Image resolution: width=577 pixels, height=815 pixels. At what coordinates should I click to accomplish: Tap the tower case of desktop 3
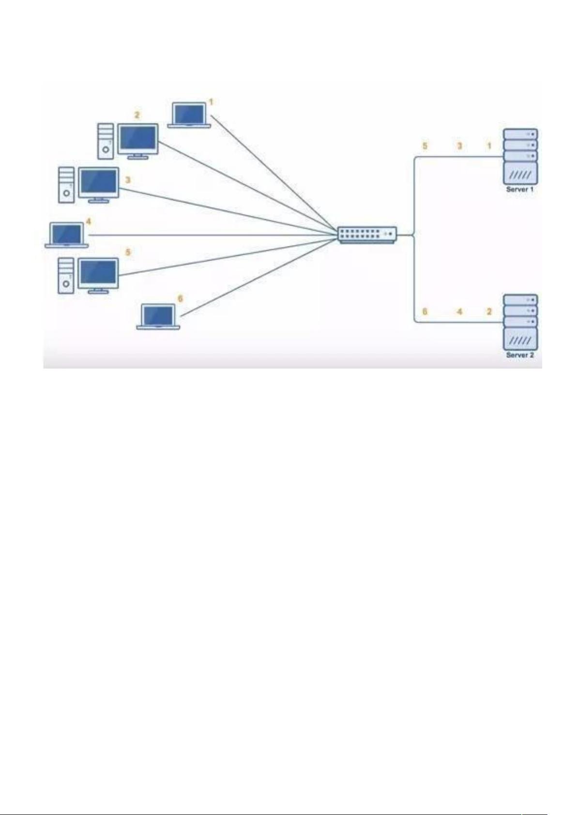pyautogui.click(x=66, y=185)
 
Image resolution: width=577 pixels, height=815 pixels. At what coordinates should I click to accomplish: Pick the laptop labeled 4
pyautogui.click(x=67, y=235)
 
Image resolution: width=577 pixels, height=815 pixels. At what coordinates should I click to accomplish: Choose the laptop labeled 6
pyautogui.click(x=158, y=317)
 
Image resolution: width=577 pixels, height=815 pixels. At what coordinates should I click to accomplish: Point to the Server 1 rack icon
pyautogui.click(x=520, y=156)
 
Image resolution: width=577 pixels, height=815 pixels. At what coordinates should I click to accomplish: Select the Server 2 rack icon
pyautogui.click(x=520, y=322)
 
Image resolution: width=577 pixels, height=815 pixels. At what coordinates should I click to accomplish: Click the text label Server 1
pyautogui.click(x=519, y=190)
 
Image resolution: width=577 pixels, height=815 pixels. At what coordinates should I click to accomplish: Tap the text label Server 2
pyautogui.click(x=519, y=355)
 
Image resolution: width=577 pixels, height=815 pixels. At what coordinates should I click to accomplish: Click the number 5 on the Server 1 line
pyautogui.click(x=425, y=146)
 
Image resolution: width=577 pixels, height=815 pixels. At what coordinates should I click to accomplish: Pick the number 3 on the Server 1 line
pyautogui.click(x=459, y=146)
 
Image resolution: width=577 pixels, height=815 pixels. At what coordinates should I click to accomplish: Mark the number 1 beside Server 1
pyautogui.click(x=489, y=146)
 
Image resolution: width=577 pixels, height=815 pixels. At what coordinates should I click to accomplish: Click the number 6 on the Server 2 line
pyautogui.click(x=425, y=312)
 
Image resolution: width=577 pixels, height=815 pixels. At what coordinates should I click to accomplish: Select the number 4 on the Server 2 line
pyautogui.click(x=459, y=312)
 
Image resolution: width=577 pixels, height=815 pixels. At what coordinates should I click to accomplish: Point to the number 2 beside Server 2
pyautogui.click(x=489, y=312)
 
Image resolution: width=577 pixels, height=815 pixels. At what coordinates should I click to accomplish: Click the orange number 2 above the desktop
pyautogui.click(x=137, y=115)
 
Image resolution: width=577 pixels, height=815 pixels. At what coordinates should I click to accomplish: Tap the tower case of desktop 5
pyautogui.click(x=66, y=275)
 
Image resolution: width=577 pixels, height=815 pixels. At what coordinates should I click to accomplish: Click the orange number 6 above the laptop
pyautogui.click(x=180, y=299)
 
